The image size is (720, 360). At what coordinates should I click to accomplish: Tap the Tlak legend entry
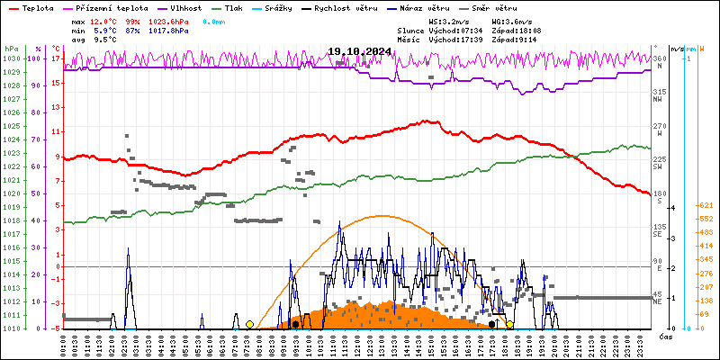[256, 7]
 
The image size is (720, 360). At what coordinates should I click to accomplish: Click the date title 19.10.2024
[359, 52]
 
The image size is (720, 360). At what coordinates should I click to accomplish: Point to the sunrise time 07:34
[472, 30]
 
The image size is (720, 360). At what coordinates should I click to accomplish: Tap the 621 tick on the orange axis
[706, 206]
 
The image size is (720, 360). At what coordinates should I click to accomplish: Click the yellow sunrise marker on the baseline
[249, 324]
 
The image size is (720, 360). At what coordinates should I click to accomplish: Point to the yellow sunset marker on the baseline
[509, 324]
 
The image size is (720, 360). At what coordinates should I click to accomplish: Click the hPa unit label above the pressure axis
[11, 49]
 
